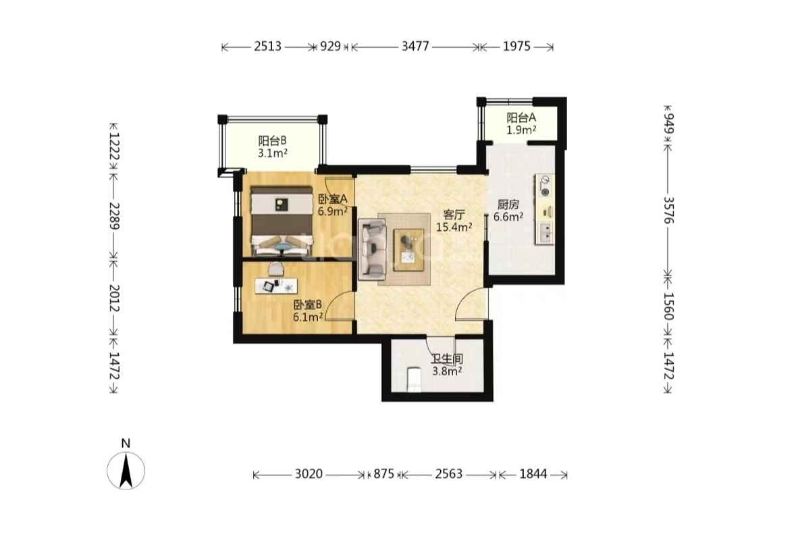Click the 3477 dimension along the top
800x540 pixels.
tap(415, 47)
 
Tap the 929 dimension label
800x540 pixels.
tap(330, 47)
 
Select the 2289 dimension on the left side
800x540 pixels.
tap(114, 216)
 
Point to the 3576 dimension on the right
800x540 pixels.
tap(668, 209)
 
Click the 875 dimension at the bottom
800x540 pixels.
tap(383, 475)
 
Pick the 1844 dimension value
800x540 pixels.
tap(533, 475)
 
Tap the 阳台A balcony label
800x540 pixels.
tap(521, 117)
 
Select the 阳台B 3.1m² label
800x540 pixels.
tap(273, 146)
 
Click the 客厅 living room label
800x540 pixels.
tap(453, 215)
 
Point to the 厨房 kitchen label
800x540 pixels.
tap(508, 205)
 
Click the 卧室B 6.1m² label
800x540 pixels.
tap(308, 311)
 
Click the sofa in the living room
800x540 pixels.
tap(371, 249)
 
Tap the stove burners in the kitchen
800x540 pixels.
tap(545, 186)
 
